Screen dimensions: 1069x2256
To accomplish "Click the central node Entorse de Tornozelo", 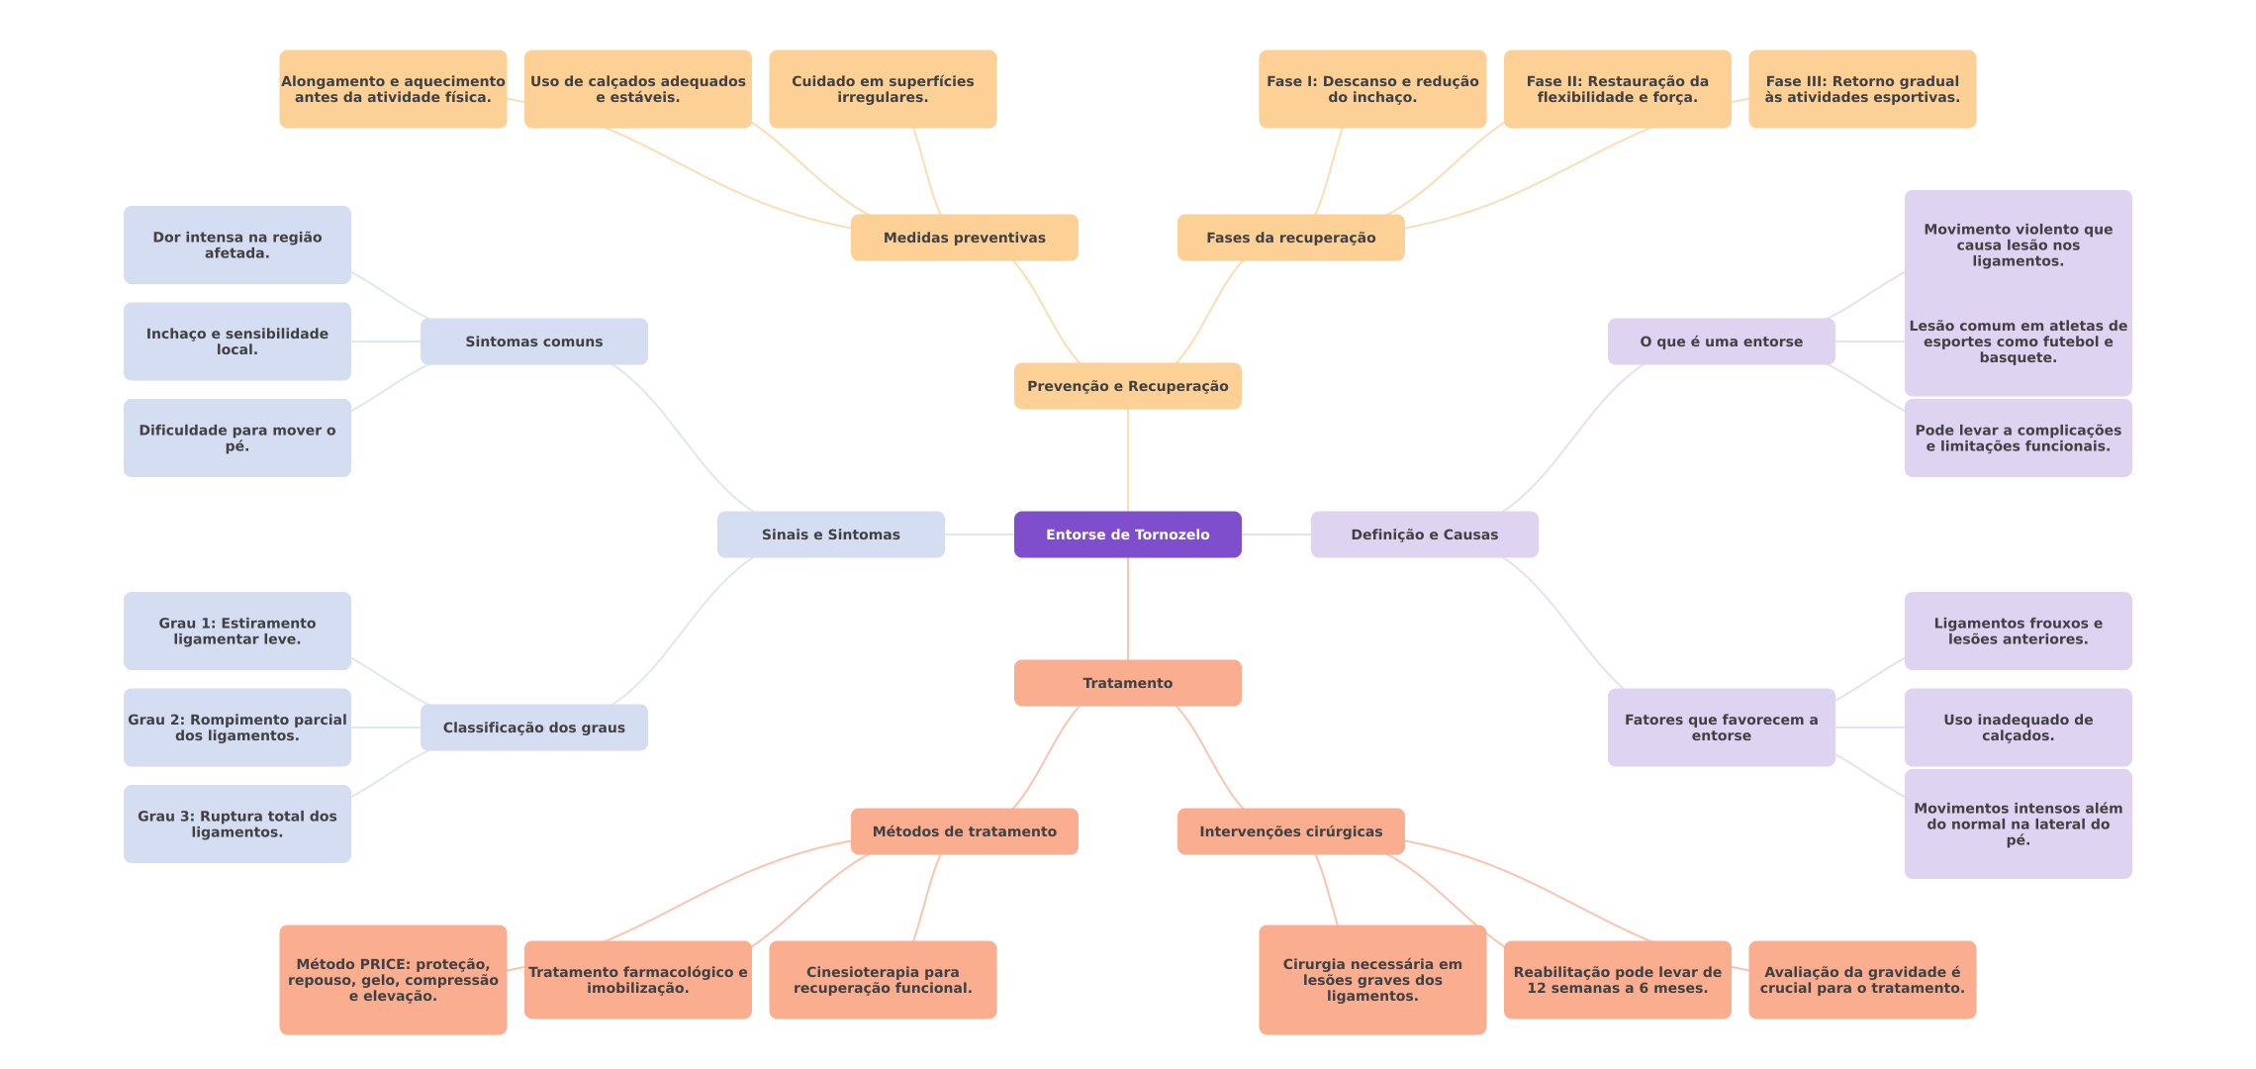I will point(1127,534).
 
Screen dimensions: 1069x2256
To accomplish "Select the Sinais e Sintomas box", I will point(830,534).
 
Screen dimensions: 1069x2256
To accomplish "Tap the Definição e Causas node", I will point(1424,534).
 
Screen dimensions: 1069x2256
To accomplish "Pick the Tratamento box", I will point(1127,683).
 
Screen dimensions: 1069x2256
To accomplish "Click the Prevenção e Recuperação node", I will point(1127,386).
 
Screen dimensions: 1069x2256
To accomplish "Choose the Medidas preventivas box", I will point(964,238).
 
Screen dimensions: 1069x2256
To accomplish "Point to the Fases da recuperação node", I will point(1290,238).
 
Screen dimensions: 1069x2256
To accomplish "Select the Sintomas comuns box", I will point(533,341).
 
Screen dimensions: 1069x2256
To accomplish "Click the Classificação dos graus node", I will point(533,728).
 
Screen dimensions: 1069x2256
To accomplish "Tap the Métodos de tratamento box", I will point(964,831).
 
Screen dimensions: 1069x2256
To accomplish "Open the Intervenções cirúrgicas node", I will point(1290,831).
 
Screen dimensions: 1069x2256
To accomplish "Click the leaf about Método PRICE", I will point(393,980).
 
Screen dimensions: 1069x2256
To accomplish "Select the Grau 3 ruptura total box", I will point(236,824).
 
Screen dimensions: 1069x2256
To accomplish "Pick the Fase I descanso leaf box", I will point(1372,89).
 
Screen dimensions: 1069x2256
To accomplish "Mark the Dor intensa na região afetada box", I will point(236,244).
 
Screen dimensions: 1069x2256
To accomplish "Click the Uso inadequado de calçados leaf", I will point(2018,728).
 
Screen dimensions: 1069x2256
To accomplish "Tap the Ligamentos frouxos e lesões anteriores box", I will point(2018,631).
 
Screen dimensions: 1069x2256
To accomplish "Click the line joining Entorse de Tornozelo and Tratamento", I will point(1128,609).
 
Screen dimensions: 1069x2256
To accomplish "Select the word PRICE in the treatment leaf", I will point(385,964).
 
